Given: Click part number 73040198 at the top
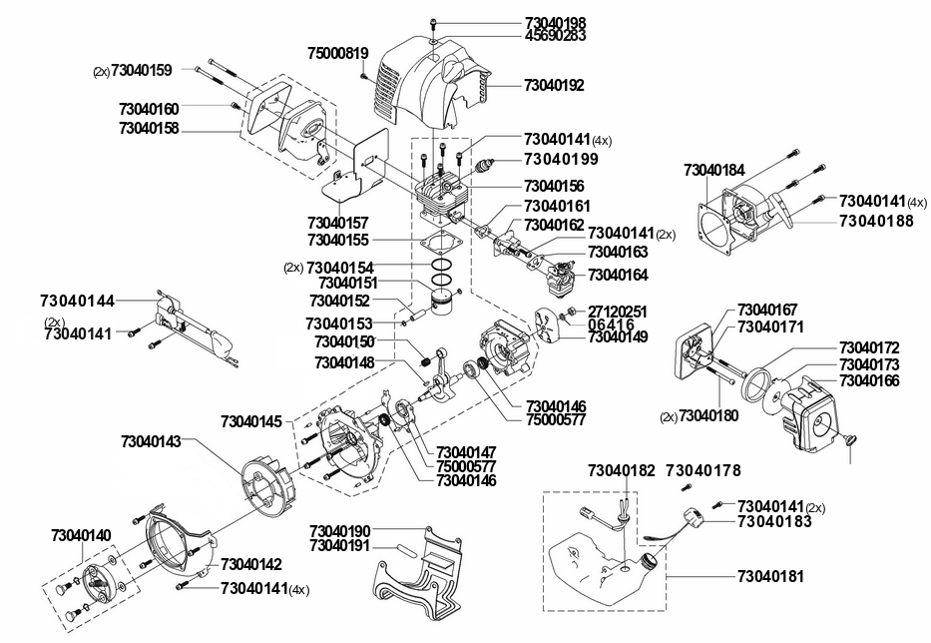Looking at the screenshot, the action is coord(555,23).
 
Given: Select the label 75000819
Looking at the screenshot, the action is coord(338,53).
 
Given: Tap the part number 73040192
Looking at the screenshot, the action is coord(554,85).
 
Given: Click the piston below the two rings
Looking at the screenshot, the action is coord(443,302).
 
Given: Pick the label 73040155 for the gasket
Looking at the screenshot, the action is coord(338,240).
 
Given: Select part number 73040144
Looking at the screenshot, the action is coord(77,301).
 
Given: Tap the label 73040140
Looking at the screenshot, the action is coord(81,535).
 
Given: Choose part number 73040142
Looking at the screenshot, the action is coord(251,564).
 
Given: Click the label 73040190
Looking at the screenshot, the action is coord(339,531).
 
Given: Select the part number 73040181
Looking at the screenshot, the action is coord(770,576).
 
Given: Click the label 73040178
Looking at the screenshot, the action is coord(703,470).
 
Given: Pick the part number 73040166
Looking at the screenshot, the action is coord(869,380).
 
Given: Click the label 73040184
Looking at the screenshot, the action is coord(713,170).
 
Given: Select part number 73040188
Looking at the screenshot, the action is coord(876,221).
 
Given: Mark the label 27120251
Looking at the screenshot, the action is coord(618,312).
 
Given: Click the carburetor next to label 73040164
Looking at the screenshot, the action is coord(561,278).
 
